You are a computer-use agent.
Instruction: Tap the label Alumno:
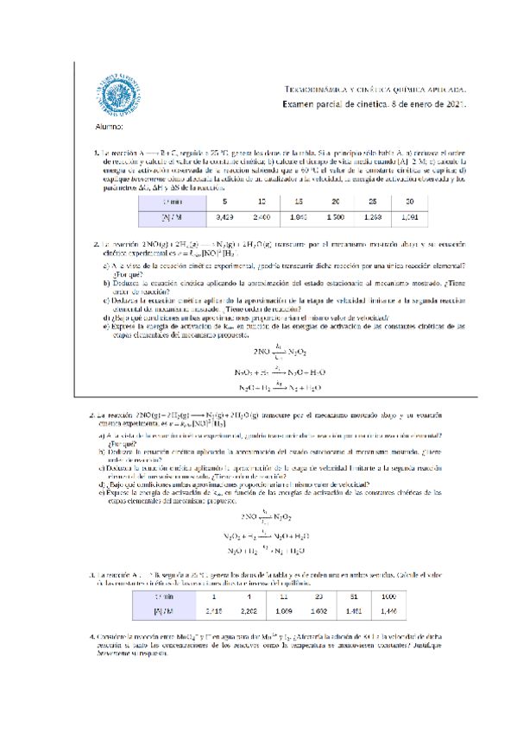click(108, 128)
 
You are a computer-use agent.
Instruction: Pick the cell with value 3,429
click(225, 217)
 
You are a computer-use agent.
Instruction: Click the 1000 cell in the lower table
click(388, 596)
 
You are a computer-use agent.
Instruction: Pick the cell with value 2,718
click(212, 610)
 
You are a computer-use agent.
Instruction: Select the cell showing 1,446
click(388, 610)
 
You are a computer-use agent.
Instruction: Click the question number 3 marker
click(91, 575)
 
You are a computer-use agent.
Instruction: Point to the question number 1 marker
click(96, 154)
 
